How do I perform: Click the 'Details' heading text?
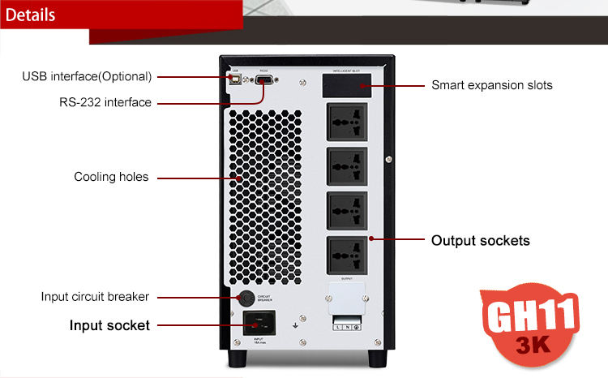click(x=31, y=15)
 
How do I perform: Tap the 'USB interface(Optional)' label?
click(x=87, y=76)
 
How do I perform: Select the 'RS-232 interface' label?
click(x=105, y=102)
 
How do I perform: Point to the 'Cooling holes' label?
click(x=111, y=176)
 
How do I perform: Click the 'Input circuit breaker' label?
click(x=95, y=297)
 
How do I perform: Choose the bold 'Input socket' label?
click(x=109, y=325)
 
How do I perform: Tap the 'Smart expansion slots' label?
click(x=491, y=84)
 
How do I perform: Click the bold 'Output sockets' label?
click(x=480, y=240)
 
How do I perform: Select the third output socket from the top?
click(x=347, y=209)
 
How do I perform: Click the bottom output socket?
click(x=347, y=254)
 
